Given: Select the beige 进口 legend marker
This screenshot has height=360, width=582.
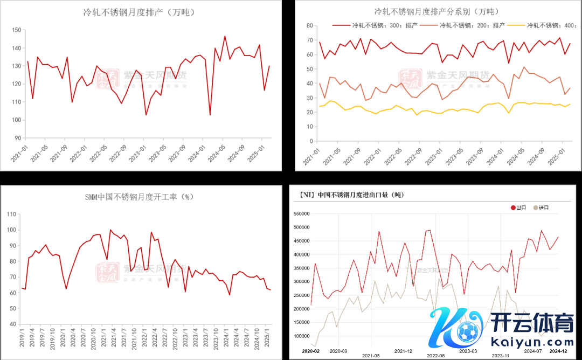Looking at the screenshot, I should pyautogui.click(x=535, y=207).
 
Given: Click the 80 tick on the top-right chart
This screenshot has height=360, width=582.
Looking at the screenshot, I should pyautogui.click(x=310, y=25).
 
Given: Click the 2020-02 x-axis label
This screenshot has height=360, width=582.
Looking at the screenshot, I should pyautogui.click(x=311, y=350).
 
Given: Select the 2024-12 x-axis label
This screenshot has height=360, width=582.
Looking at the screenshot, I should pyautogui.click(x=558, y=350).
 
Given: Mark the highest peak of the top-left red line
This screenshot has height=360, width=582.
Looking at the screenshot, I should pyautogui.click(x=225, y=36).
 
